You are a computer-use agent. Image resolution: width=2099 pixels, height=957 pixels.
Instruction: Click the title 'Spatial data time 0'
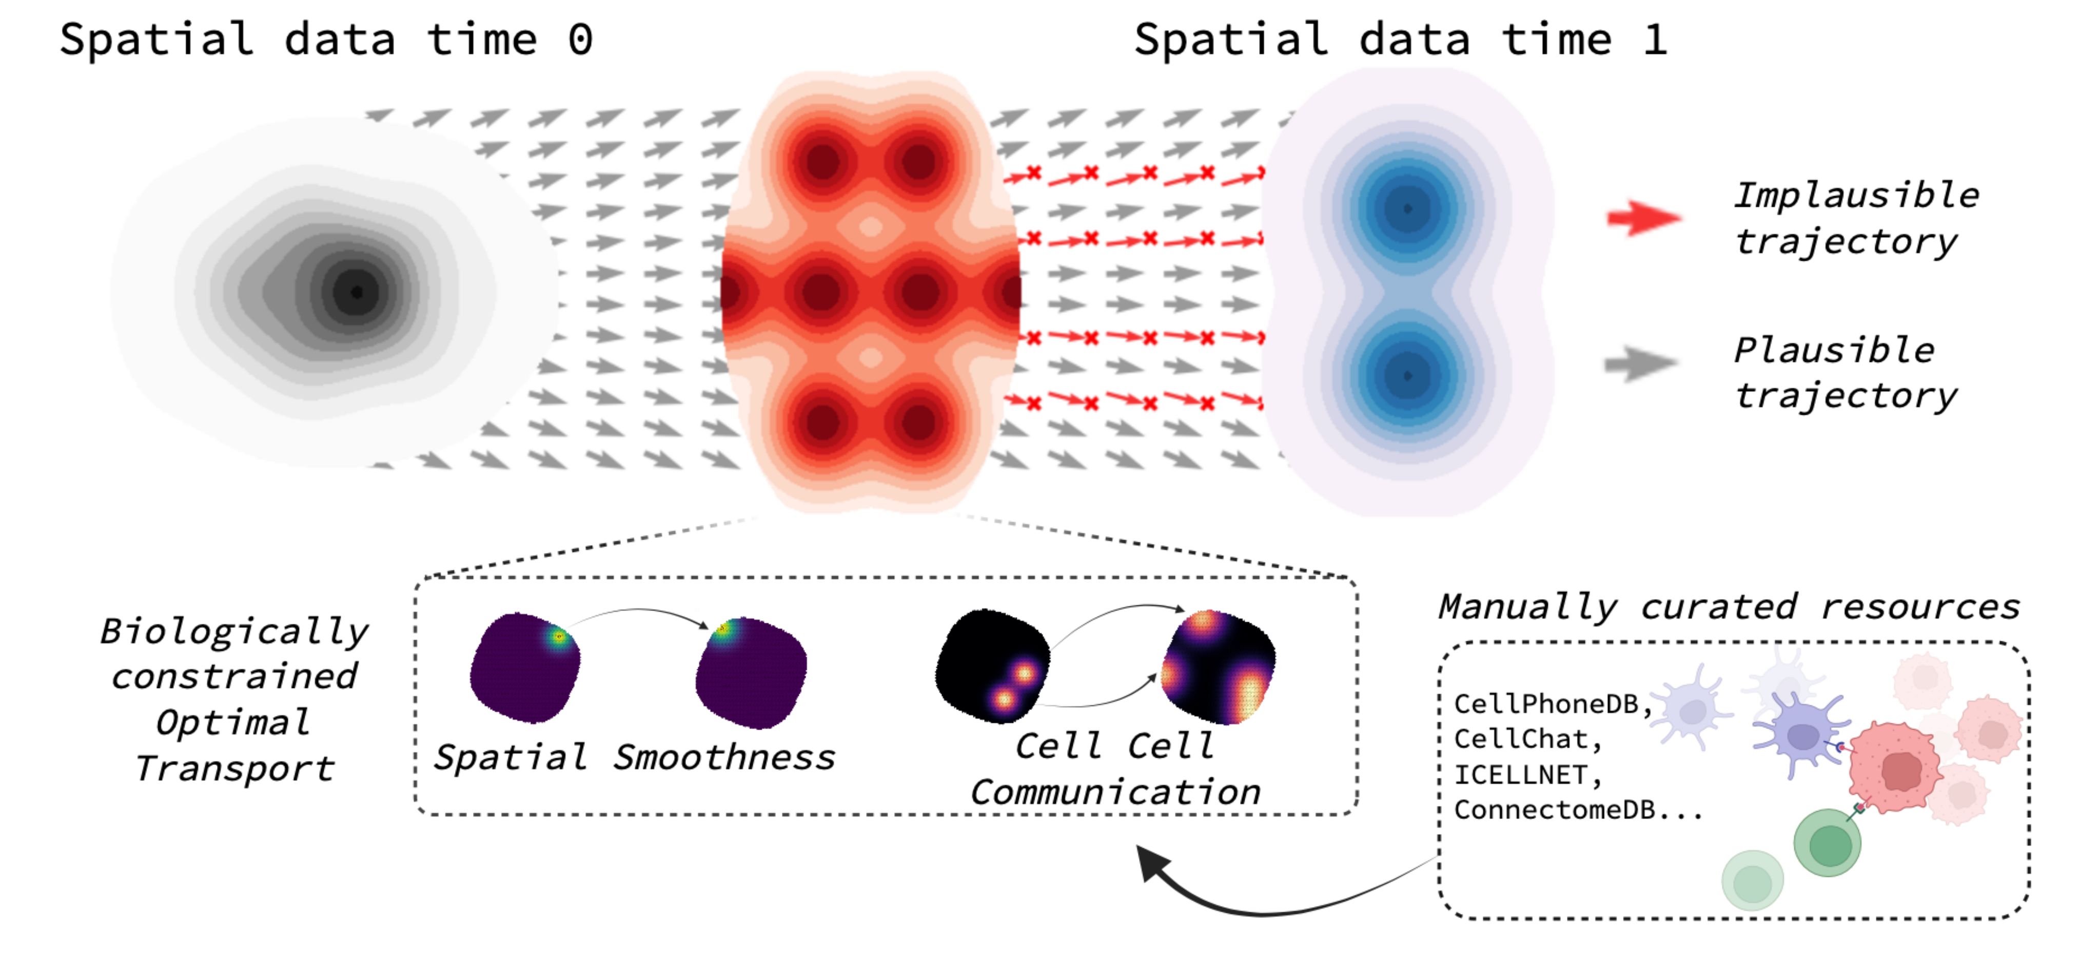(326, 39)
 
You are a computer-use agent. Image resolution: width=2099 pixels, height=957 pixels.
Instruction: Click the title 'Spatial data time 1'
(1400, 39)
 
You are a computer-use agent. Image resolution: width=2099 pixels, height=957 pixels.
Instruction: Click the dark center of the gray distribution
(356, 292)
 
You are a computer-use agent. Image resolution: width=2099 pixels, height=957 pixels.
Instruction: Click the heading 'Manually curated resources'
(1728, 606)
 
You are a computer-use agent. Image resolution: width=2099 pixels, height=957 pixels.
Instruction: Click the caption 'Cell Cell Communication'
(1115, 769)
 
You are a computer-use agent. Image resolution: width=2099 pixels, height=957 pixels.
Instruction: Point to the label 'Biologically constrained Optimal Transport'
(234, 699)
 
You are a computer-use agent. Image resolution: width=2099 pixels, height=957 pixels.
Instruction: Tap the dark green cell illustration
(1828, 844)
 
